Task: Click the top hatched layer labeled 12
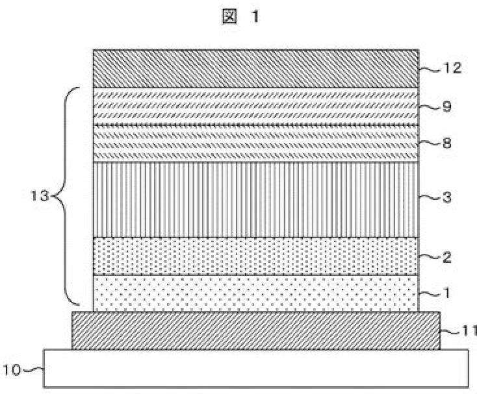(x=255, y=68)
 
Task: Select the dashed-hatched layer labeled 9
(x=255, y=106)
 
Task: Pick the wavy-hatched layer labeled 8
(x=255, y=143)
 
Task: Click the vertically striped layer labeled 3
(x=255, y=199)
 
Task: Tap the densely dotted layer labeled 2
(x=255, y=256)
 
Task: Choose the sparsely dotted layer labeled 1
(x=255, y=293)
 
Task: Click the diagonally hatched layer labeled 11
(x=255, y=330)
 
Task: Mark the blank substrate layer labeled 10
(x=255, y=369)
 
